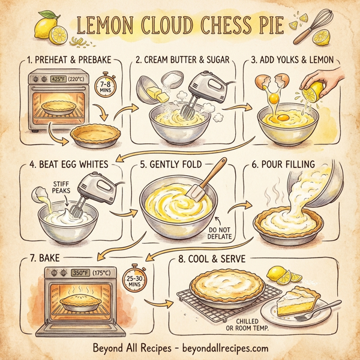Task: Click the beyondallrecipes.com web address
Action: pyautogui.click(x=220, y=347)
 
